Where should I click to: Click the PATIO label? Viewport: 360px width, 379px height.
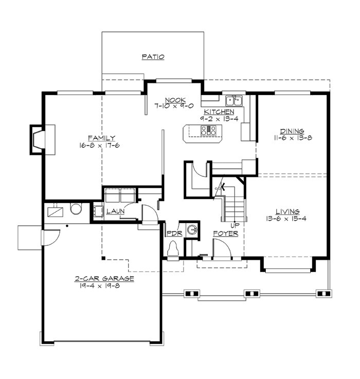point(153,57)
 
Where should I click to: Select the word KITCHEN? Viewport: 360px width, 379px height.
point(219,112)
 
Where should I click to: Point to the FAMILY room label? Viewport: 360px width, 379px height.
point(101,138)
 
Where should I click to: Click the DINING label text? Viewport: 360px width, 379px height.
point(292,131)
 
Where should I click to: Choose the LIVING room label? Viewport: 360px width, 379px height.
point(287,211)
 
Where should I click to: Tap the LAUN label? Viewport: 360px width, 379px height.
point(112,211)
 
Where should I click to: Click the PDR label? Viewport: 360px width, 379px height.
point(172,233)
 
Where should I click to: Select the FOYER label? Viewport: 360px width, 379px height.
point(226,233)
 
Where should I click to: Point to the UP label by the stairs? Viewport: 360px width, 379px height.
point(235,225)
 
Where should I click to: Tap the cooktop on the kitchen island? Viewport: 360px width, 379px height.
point(209,132)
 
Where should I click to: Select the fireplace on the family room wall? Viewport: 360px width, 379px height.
point(38,139)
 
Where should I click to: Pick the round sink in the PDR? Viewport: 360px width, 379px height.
point(192,230)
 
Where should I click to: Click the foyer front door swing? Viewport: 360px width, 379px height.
point(222,249)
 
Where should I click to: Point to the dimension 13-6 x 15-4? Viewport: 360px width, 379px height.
point(287,219)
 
